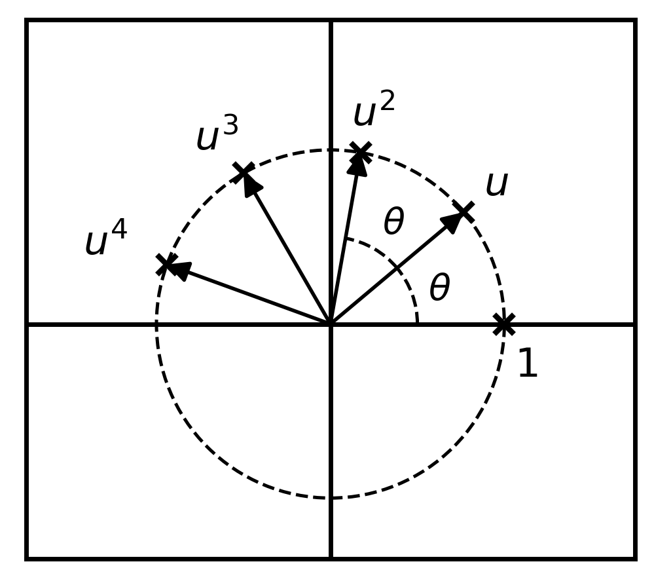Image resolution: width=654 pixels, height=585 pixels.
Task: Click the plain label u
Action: [497, 184]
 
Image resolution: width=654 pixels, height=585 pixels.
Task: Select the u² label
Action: [374, 109]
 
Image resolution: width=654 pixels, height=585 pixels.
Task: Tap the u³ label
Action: [217, 133]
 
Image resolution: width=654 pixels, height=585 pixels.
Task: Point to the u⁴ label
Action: [106, 237]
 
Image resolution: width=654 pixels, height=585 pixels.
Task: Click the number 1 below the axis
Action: [528, 363]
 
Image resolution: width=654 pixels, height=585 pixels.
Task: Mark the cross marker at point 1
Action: [504, 324]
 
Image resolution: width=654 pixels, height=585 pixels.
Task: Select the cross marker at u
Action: [463, 212]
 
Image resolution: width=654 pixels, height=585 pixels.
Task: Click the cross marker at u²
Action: [361, 153]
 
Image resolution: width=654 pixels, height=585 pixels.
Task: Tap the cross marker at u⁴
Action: [166, 264]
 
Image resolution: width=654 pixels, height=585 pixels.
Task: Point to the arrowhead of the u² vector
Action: [358, 164]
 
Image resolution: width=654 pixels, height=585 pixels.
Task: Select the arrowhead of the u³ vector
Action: [251, 183]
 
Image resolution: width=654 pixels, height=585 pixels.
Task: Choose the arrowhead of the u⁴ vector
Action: [179, 271]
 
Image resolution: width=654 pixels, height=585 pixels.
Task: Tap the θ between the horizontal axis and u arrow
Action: [440, 287]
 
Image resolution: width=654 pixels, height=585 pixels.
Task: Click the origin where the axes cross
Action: [331, 324]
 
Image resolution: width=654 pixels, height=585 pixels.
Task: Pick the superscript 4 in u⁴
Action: [119, 229]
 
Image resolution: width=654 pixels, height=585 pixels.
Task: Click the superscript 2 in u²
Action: [387, 102]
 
